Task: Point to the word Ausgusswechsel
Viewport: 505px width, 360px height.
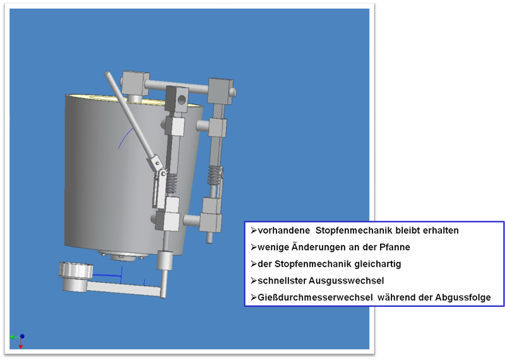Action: (346, 280)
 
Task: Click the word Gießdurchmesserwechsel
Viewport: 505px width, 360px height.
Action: (315, 297)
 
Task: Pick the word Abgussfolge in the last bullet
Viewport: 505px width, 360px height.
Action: (463, 297)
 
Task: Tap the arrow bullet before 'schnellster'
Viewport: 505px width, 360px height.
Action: (254, 280)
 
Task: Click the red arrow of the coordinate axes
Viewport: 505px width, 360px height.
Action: (21, 344)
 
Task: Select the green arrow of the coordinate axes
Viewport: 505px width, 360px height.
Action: (15, 337)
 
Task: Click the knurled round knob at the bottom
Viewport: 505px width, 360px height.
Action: (76, 270)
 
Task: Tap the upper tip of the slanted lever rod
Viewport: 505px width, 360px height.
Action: (107, 73)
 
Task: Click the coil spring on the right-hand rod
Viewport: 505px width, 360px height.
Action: (215, 176)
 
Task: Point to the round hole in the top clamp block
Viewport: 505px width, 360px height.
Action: (182, 100)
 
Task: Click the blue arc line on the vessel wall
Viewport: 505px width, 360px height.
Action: (125, 138)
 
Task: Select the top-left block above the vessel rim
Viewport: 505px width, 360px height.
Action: (136, 83)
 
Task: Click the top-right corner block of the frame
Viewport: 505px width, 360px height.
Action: (220, 91)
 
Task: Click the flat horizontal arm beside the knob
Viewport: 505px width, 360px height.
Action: (124, 288)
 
